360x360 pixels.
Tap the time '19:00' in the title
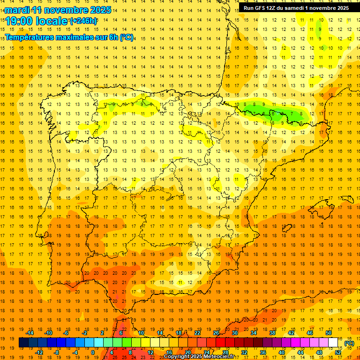coord(19,21)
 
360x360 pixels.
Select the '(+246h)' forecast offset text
coord(83,21)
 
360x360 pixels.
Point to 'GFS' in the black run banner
coord(261,8)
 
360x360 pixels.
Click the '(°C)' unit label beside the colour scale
coord(349,343)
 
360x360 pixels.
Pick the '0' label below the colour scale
coord(93,352)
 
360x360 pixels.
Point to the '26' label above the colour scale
coord(216,333)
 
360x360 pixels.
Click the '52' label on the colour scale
coord(338,352)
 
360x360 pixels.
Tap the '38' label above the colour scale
coord(272,333)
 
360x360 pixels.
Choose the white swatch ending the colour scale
coord(333,343)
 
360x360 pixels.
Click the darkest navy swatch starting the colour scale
coord(23,343)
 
